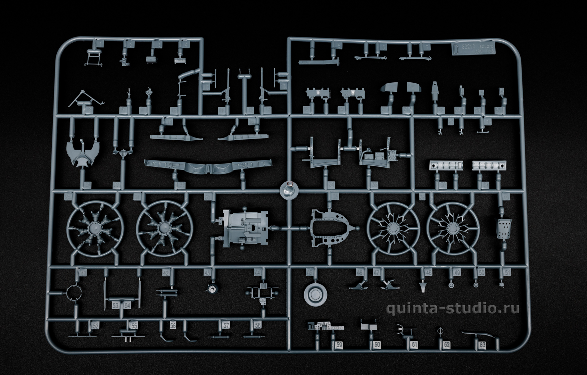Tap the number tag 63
482,345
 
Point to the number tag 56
173,325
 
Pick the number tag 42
166,273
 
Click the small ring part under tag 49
451,285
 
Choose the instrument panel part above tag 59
326,326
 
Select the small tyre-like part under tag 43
211,288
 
